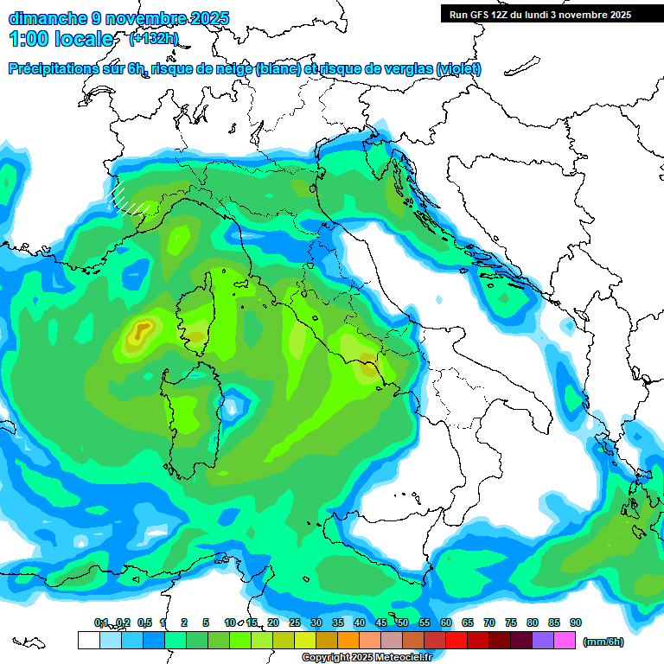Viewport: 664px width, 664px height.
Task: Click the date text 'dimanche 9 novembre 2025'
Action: pyautogui.click(x=118, y=18)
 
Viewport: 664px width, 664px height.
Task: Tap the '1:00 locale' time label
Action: pyautogui.click(x=61, y=39)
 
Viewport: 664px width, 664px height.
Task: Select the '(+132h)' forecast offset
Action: pyautogui.click(x=154, y=38)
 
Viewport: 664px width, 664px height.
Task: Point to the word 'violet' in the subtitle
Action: pyautogui.click(x=458, y=69)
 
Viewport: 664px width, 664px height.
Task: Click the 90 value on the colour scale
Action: pyautogui.click(x=576, y=623)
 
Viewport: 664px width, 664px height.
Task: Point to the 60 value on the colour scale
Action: pyautogui.click(x=446, y=623)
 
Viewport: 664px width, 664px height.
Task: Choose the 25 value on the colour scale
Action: pyautogui.click(x=295, y=623)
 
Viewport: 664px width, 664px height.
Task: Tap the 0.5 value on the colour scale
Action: pyautogui.click(x=144, y=623)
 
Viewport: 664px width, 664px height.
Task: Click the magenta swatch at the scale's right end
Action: pyautogui.click(x=565, y=641)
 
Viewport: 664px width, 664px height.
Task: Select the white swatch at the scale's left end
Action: pyautogui.click(x=88, y=641)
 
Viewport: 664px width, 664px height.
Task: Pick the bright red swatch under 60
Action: pyautogui.click(x=456, y=641)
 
